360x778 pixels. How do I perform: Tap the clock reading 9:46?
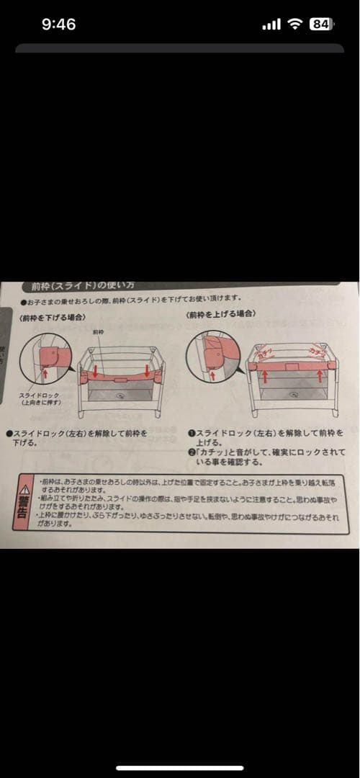click(x=58, y=24)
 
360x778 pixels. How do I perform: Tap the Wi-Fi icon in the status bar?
click(x=294, y=24)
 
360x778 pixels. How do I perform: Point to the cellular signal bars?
click(x=271, y=25)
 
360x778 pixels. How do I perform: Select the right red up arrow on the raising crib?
click(x=318, y=375)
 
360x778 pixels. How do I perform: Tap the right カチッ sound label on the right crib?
click(x=315, y=351)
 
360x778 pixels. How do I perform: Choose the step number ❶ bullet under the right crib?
click(x=190, y=434)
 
